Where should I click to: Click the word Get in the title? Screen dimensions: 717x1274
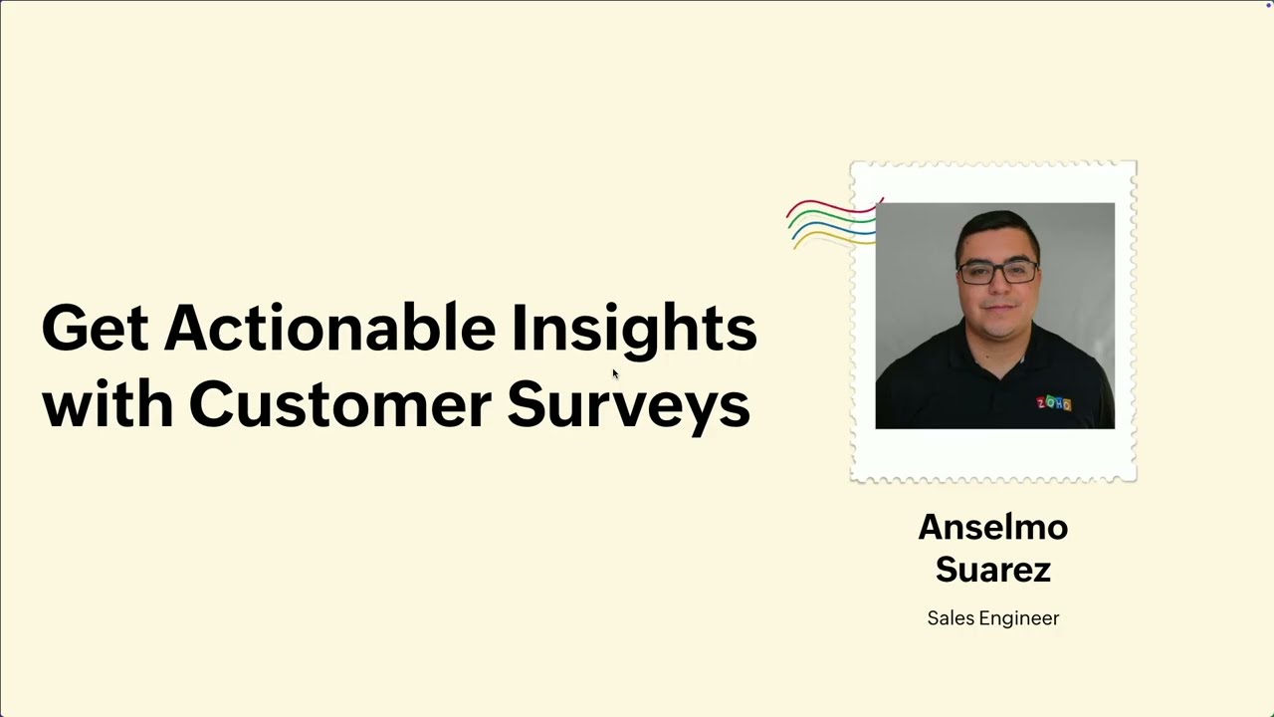pos(96,329)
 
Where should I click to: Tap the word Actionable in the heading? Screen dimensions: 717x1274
pos(329,329)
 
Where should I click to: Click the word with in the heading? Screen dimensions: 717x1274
pos(106,405)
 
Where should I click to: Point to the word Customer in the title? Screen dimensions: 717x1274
pos(339,405)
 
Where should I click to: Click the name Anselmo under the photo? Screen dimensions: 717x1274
pos(992,527)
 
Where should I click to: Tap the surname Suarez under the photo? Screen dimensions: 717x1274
pos(992,570)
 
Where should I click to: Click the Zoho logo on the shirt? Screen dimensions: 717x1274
pos(1054,403)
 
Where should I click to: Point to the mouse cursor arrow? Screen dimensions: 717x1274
pos(615,373)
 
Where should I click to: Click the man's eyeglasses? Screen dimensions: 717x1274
pos(996,271)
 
